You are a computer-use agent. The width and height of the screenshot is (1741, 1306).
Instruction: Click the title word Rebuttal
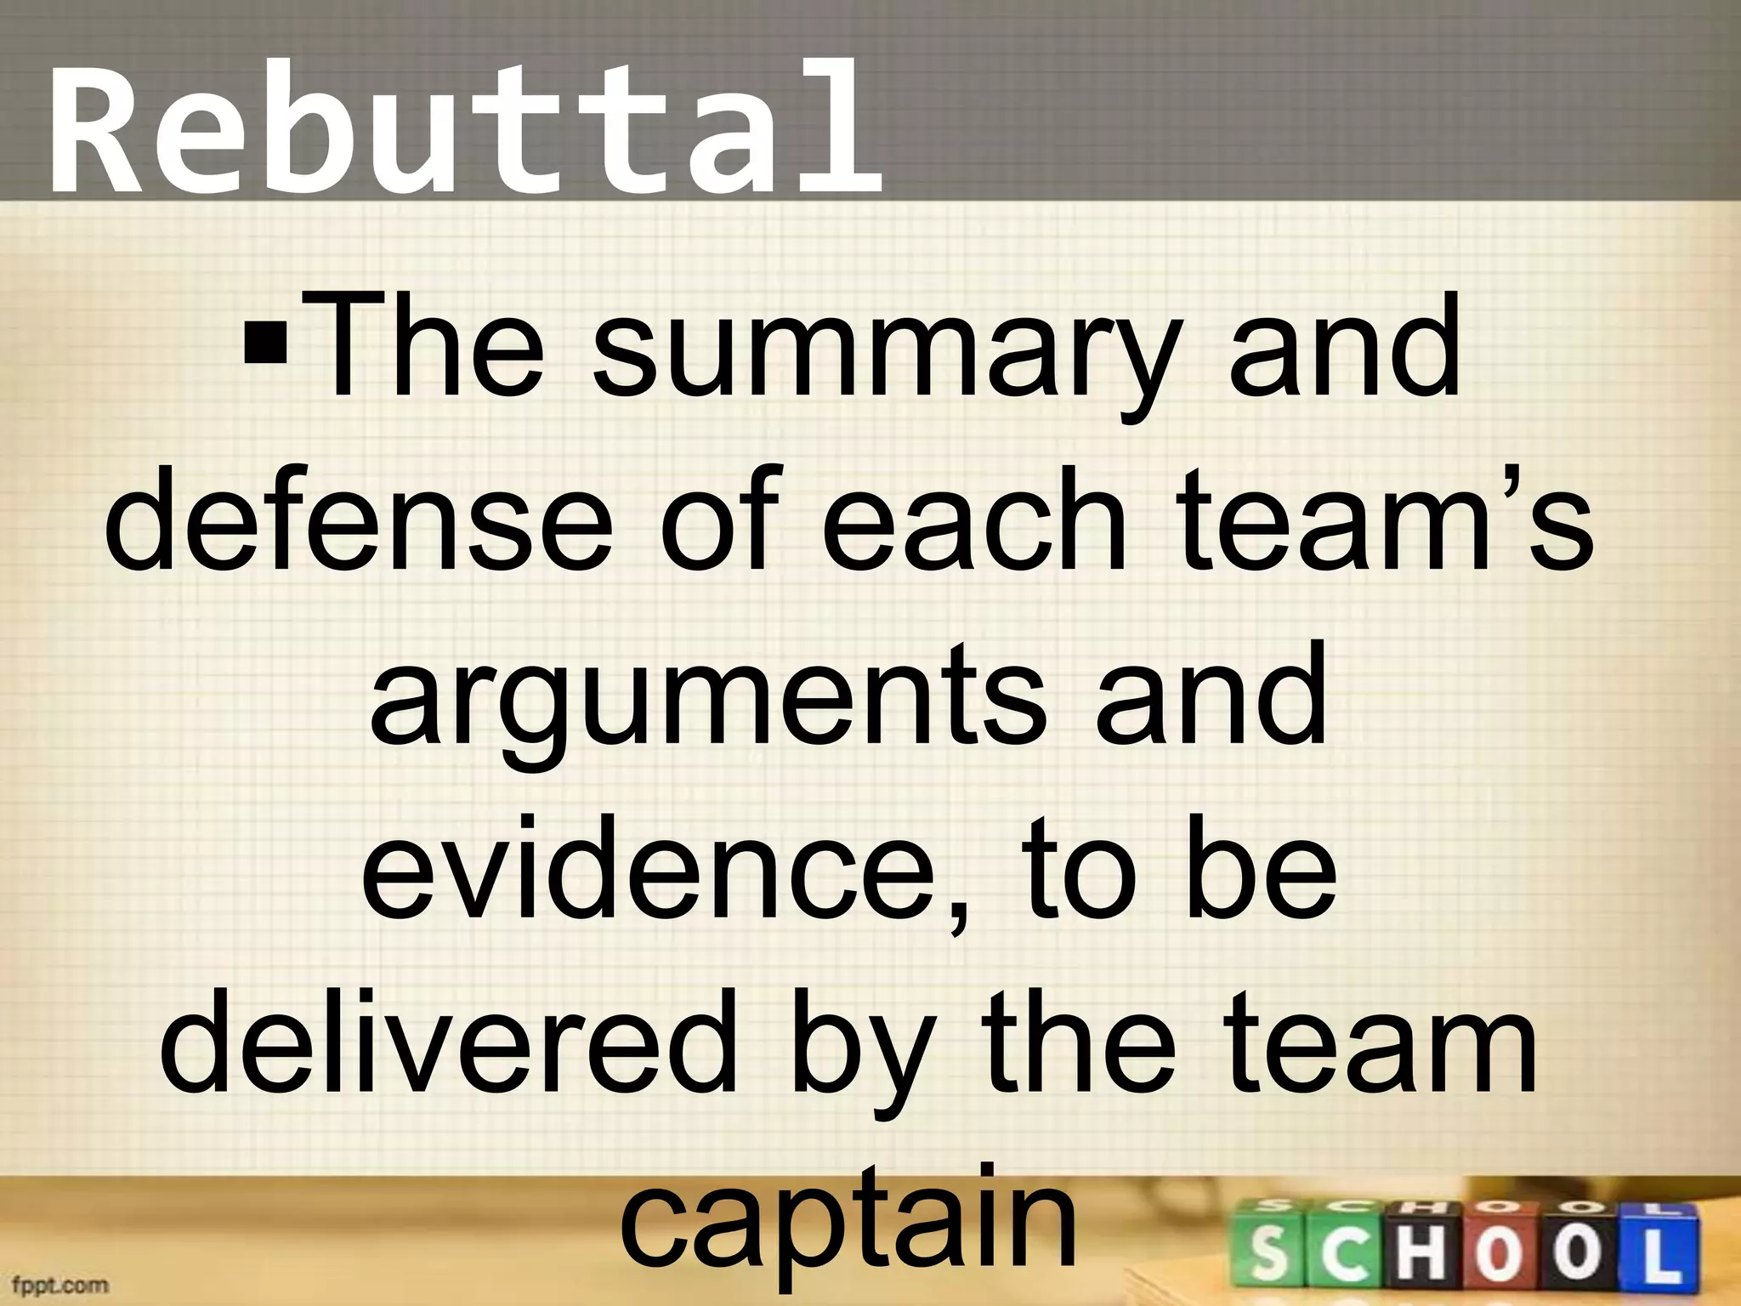point(463,128)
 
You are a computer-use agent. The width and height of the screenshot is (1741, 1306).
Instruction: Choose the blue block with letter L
point(1659,1251)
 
